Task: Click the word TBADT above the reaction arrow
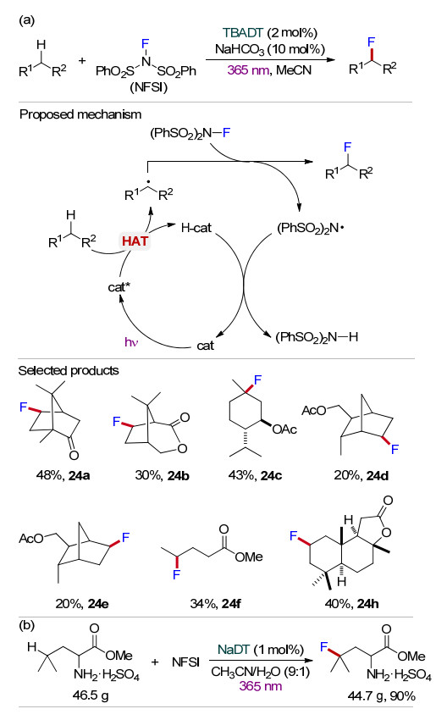243,33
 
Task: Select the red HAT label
135,241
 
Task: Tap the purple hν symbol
130,342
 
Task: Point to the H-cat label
196,227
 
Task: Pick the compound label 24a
79,475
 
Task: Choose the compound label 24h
368,603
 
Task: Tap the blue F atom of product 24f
177,574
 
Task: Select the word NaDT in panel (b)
234,650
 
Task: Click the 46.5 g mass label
91,695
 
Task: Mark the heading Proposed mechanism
80,114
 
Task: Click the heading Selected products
69,370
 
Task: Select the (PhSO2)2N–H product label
317,337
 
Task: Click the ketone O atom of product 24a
74,455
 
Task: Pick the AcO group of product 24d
313,410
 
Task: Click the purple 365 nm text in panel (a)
248,70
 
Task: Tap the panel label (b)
27,625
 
